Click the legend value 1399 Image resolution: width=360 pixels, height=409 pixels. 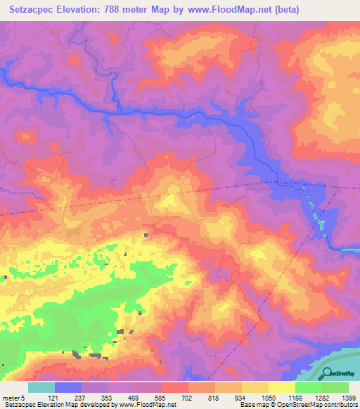(347, 397)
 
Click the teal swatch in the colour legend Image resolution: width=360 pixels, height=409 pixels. (41, 387)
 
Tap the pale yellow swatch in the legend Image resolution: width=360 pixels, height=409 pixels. (282, 387)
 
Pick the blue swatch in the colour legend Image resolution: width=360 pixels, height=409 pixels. (68, 387)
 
